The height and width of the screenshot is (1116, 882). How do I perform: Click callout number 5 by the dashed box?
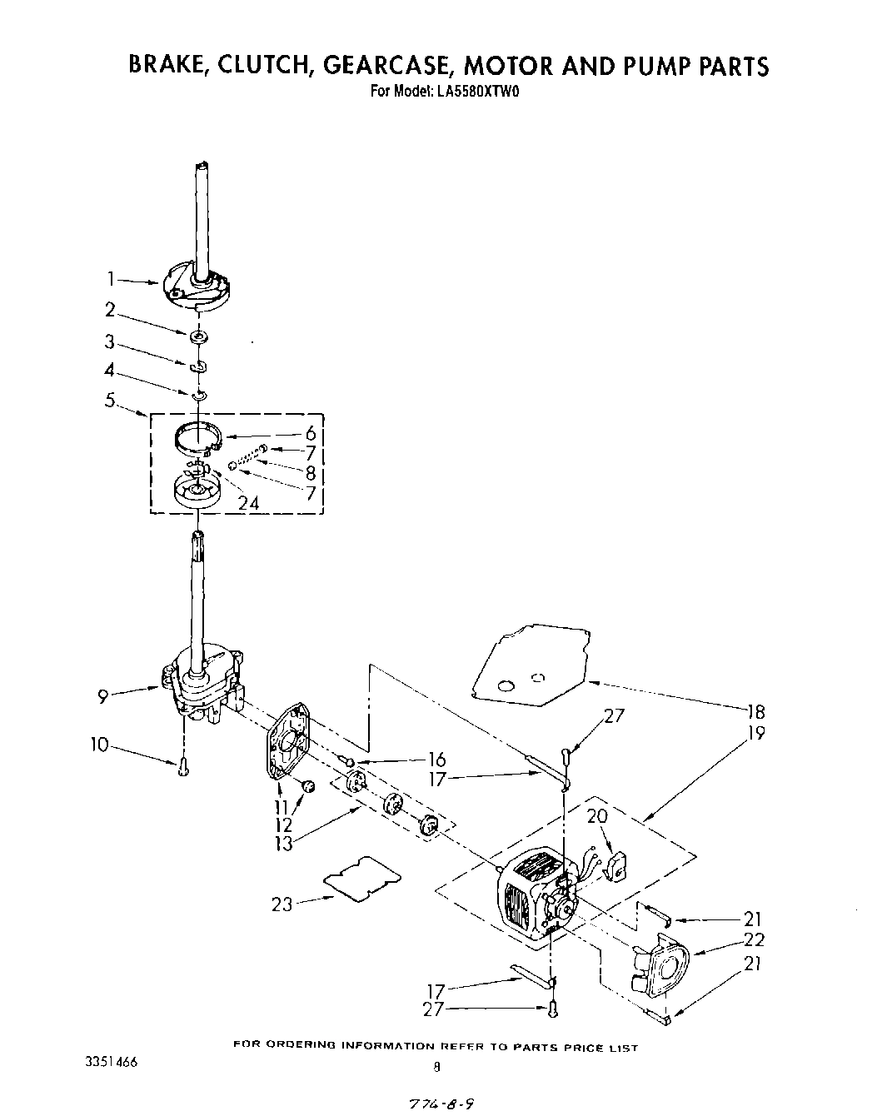(x=110, y=399)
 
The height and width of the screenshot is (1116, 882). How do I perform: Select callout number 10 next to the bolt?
(x=100, y=745)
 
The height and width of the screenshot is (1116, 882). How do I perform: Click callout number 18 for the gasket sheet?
(x=756, y=711)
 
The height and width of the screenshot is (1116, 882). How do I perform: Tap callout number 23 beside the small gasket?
(x=282, y=903)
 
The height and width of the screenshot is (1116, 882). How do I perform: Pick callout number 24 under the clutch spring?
(x=248, y=503)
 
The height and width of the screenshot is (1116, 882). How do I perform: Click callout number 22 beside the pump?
(x=754, y=940)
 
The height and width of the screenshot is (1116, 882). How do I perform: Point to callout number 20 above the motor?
(x=596, y=817)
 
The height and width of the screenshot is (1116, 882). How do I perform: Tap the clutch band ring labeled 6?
(x=198, y=436)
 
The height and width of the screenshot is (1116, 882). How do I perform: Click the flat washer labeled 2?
(x=198, y=336)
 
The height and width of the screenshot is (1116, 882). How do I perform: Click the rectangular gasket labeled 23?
(x=361, y=875)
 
